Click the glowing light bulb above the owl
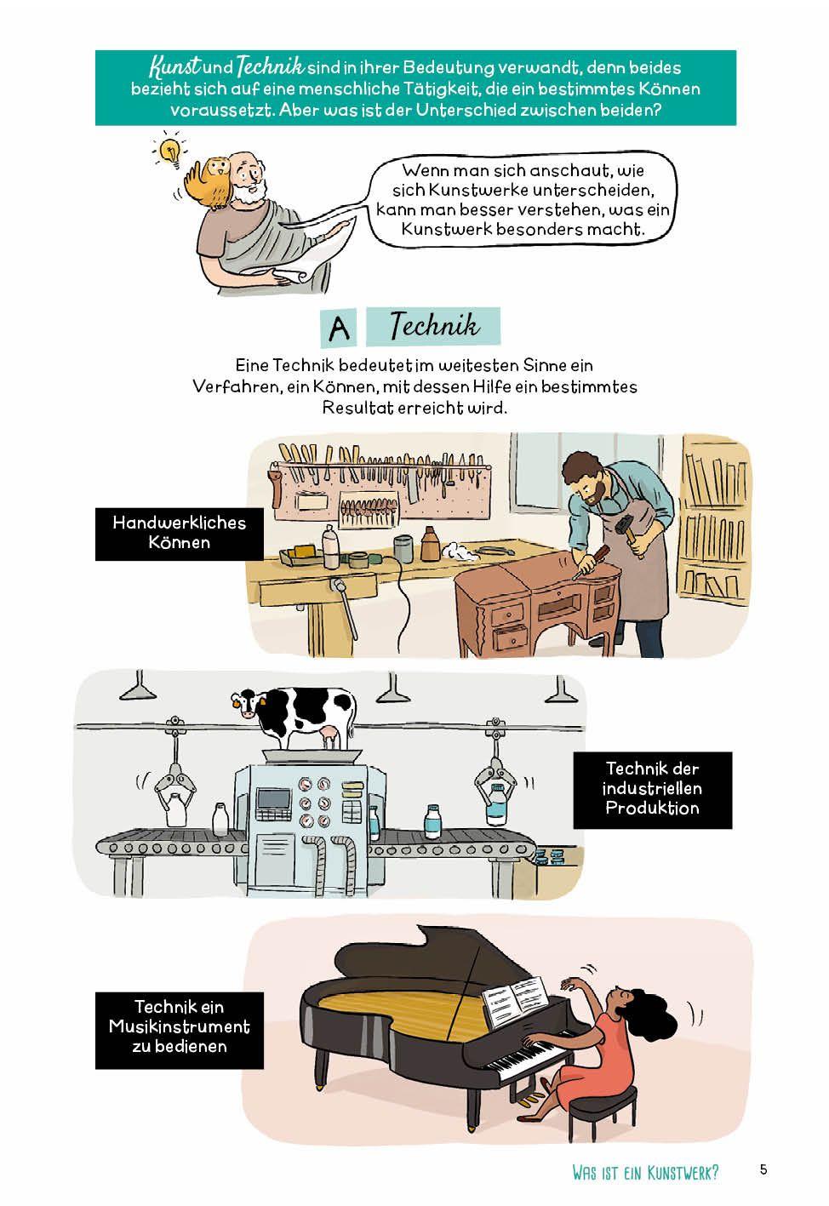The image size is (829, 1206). [x=170, y=151]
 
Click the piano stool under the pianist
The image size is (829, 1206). [x=603, y=1104]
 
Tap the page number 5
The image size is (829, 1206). [x=763, y=1169]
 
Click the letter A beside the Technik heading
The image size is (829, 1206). [x=339, y=328]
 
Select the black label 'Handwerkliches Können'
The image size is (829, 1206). [x=180, y=534]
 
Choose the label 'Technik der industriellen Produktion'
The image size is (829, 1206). [x=653, y=790]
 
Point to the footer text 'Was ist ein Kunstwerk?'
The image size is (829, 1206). [x=645, y=1172]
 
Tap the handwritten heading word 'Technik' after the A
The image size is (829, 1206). [x=434, y=326]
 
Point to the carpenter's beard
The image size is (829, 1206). [x=591, y=496]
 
